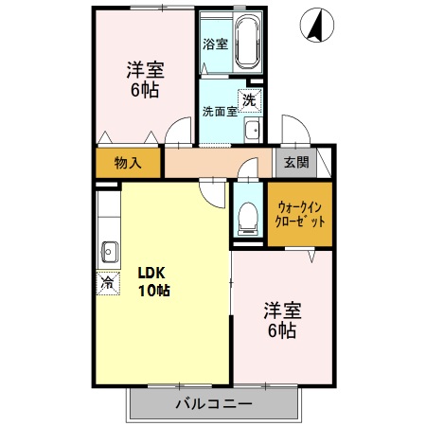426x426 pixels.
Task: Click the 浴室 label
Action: coord(215,44)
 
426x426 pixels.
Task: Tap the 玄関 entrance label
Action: coord(295,162)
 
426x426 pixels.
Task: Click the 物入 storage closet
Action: coord(129,163)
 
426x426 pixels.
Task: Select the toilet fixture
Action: coord(247,217)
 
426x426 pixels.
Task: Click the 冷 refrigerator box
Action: coord(107,282)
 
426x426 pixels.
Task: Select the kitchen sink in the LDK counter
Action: coord(107,251)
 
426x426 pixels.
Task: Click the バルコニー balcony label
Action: coord(213,404)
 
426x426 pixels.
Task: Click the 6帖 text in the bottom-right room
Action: coord(281,331)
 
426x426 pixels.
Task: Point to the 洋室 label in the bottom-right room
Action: coord(281,311)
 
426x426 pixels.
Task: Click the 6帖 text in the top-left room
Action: coord(145,91)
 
